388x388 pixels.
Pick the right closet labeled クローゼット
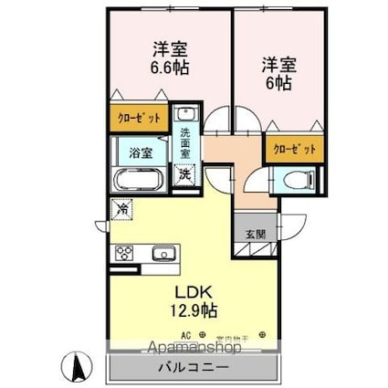295,149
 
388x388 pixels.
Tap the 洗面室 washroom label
186,142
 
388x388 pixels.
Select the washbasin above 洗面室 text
186,114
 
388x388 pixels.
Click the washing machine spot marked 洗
185,173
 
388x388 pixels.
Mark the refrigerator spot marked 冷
121,208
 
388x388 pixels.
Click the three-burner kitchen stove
124,253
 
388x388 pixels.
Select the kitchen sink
163,253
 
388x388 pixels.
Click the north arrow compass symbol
78,368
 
